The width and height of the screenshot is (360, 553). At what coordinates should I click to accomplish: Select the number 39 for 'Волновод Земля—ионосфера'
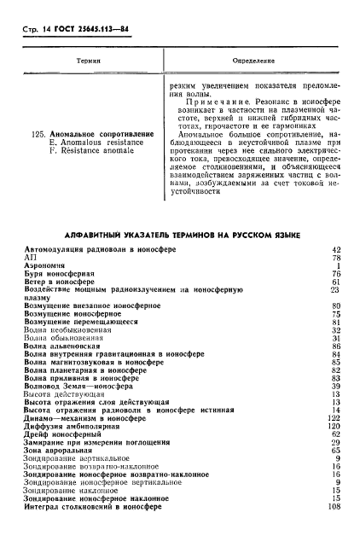pos(335,386)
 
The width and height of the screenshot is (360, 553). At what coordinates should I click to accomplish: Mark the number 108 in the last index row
pos(334,506)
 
